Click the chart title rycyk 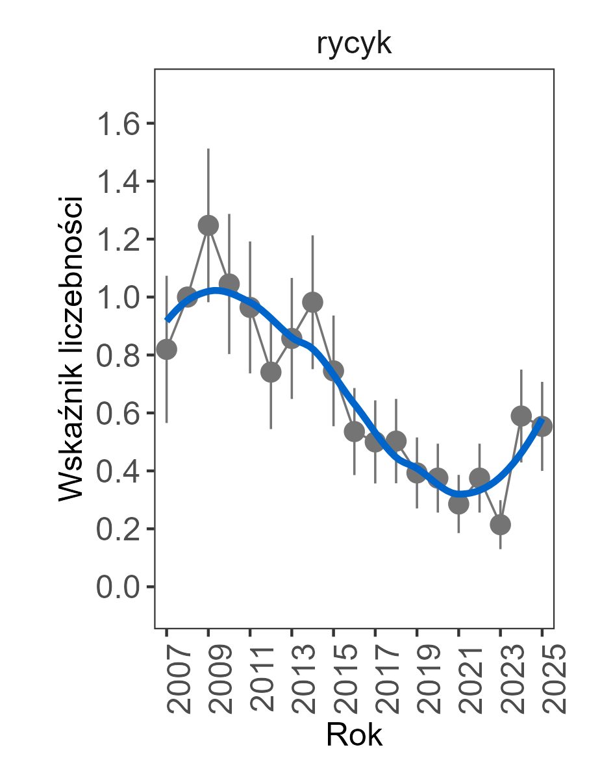pyautogui.click(x=354, y=45)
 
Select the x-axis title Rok pyautogui.click(x=354, y=736)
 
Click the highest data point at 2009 pyautogui.click(x=208, y=225)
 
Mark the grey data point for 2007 pyautogui.click(x=167, y=349)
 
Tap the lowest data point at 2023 pyautogui.click(x=500, y=524)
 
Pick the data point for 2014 pyautogui.click(x=313, y=302)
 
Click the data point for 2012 pyautogui.click(x=271, y=372)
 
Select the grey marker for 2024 pyautogui.click(x=521, y=416)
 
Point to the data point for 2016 pyautogui.click(x=355, y=431)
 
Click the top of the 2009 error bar pyautogui.click(x=208, y=149)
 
